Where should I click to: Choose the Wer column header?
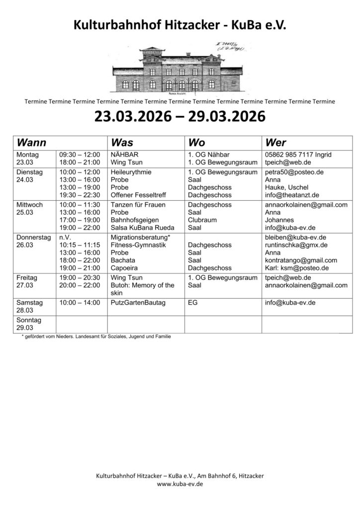276,142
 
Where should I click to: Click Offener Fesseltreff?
138,195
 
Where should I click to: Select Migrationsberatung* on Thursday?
141,237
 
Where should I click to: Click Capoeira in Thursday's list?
125,268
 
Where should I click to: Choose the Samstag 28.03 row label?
30,306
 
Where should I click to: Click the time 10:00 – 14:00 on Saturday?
79,302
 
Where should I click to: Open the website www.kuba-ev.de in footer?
180,484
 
